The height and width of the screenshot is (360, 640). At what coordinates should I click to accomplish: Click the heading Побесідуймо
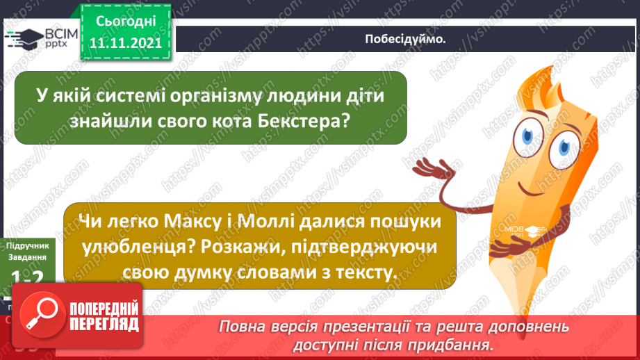coord(405,38)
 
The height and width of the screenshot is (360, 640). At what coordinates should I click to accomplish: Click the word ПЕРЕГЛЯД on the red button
coord(103,323)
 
